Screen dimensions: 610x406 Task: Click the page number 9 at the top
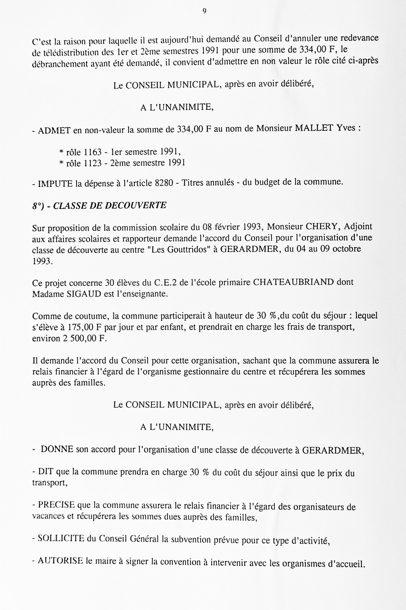coord(204,11)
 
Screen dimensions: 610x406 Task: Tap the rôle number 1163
coord(93,152)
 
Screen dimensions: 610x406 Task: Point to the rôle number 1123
coord(93,163)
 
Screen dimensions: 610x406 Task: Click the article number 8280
coord(164,183)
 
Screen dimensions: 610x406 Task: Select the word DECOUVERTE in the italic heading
coord(135,205)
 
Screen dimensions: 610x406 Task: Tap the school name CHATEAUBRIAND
coord(293,282)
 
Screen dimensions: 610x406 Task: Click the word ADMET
coord(54,130)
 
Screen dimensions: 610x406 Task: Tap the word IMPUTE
coord(55,184)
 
